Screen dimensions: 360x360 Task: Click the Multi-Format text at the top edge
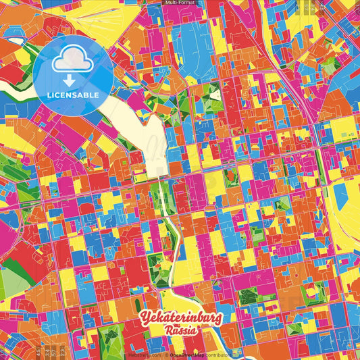click(x=180, y=3)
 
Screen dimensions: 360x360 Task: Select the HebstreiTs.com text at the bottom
click(x=145, y=354)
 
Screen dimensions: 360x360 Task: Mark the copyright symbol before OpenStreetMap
click(x=168, y=354)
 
